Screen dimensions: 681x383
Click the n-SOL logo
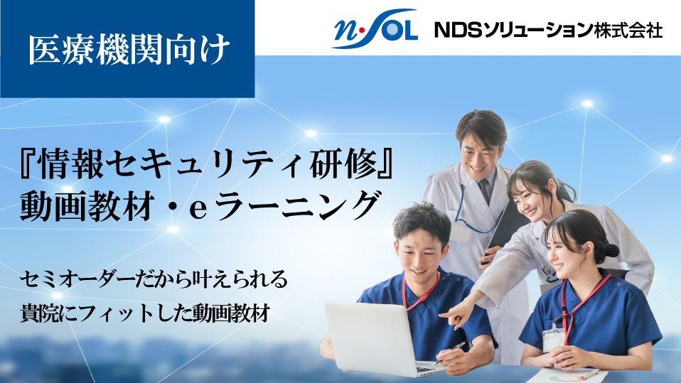point(375,28)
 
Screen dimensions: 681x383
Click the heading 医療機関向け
point(129,49)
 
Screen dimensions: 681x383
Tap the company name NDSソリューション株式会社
point(548,30)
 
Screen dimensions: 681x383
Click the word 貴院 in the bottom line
point(41,313)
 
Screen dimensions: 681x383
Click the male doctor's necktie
point(485,190)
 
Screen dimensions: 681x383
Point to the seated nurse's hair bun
point(611,251)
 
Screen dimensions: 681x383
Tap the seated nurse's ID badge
point(554,338)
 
